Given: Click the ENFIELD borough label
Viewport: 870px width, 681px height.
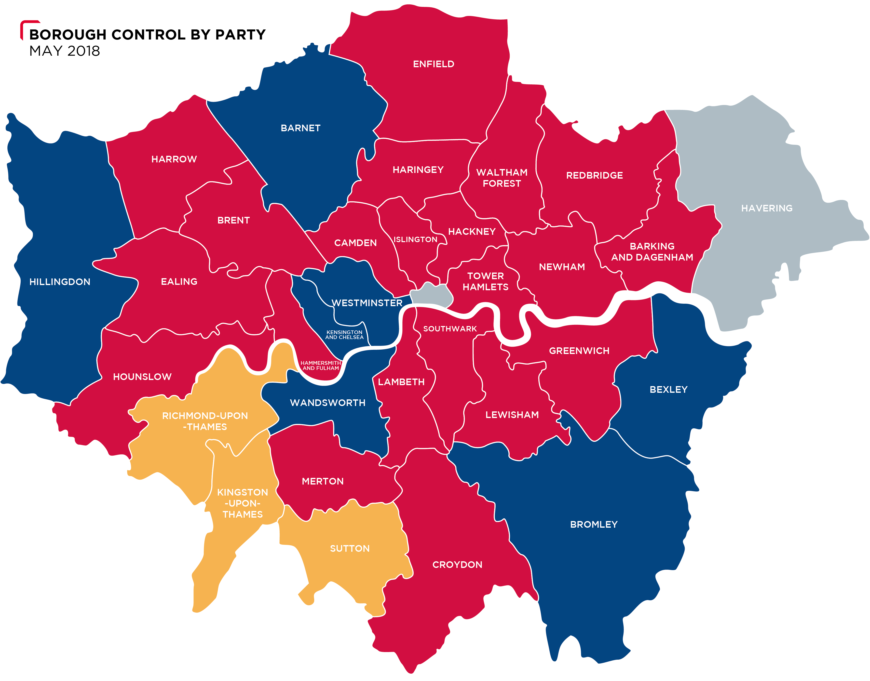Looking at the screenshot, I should coord(433,64).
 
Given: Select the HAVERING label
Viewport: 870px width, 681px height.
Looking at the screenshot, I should coord(766,208).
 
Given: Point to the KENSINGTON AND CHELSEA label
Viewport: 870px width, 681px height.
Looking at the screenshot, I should coord(344,335).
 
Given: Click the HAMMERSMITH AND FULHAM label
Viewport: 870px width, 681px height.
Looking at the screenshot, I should coord(321,366).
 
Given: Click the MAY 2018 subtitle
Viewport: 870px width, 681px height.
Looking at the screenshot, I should coord(64,51).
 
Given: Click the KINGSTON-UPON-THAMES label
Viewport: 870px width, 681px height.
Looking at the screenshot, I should coord(243,503).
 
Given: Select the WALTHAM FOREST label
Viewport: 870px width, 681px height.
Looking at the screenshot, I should coord(502,178).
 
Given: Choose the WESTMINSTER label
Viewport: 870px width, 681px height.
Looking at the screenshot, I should coord(367,303).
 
